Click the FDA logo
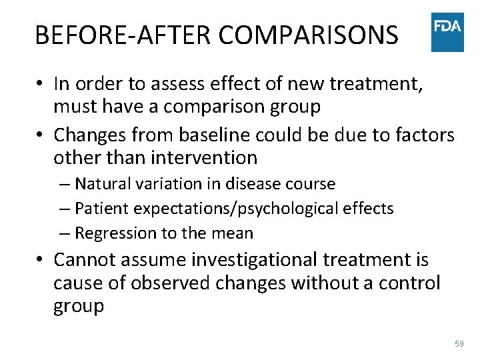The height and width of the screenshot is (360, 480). pyautogui.click(x=447, y=31)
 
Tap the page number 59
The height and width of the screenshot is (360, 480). pyautogui.click(x=459, y=343)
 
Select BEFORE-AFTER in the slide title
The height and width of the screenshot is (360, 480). pyautogui.click(x=125, y=35)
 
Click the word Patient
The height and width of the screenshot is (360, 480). pyautogui.click(x=102, y=208)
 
